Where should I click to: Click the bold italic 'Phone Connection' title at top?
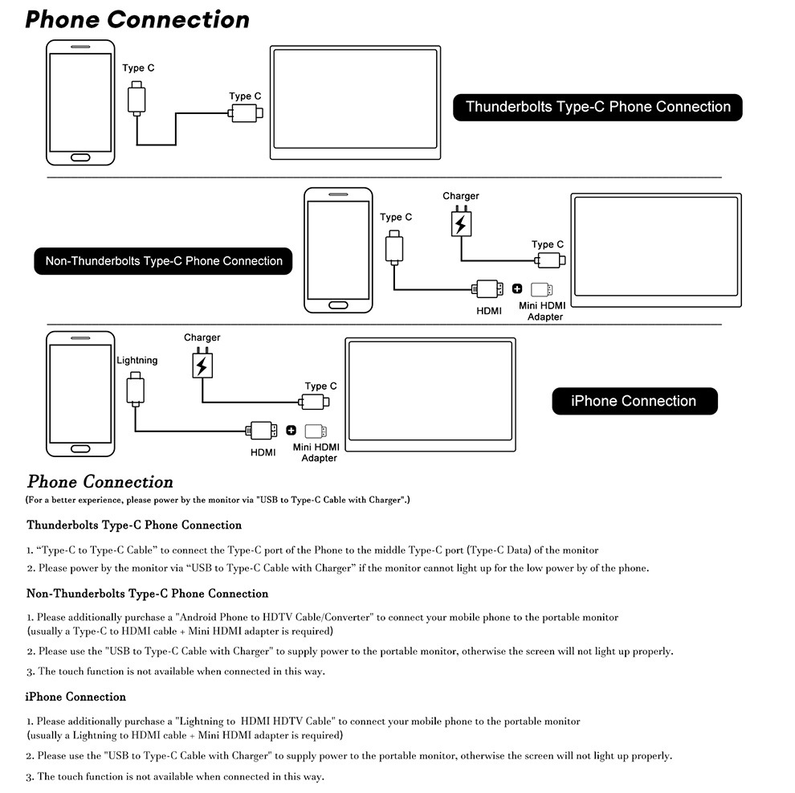[x=137, y=19]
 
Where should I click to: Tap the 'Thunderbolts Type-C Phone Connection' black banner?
[x=597, y=107]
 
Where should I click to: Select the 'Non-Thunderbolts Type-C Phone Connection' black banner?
[x=164, y=261]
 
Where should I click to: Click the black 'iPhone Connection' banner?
[x=634, y=401]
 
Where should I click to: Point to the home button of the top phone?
[x=80, y=156]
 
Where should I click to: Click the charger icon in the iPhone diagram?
[x=201, y=366]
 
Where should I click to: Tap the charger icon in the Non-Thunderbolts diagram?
[x=460, y=223]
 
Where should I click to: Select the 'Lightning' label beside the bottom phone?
[x=137, y=361]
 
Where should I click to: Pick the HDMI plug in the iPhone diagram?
[x=263, y=430]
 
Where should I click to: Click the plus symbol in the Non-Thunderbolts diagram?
[x=517, y=288]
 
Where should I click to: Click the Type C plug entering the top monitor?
[x=245, y=113]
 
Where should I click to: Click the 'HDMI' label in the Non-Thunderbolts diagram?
[x=489, y=311]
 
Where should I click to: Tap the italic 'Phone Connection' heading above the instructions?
[x=100, y=482]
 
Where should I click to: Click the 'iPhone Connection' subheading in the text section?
[x=75, y=697]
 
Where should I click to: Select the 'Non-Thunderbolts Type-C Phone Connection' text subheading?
[x=147, y=594]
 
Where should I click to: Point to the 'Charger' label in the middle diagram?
[x=460, y=196]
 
